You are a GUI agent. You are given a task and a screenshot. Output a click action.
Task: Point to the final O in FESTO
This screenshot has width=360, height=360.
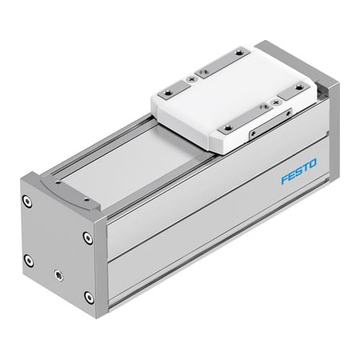(x=312, y=164)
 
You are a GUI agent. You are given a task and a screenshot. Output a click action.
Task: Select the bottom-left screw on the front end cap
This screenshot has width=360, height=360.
(x=29, y=260)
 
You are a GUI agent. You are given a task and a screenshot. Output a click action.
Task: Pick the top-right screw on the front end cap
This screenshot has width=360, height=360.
(x=87, y=238)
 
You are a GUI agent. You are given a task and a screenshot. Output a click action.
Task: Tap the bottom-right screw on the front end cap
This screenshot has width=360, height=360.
(x=88, y=297)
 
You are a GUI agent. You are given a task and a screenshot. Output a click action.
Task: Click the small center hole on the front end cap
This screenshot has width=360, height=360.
(x=58, y=274)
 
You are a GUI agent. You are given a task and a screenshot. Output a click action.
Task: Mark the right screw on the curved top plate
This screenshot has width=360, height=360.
(x=83, y=196)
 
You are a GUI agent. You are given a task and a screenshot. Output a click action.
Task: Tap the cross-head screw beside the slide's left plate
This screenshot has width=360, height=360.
(x=190, y=79)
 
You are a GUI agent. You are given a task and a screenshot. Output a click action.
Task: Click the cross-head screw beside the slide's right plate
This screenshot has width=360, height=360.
(x=277, y=102)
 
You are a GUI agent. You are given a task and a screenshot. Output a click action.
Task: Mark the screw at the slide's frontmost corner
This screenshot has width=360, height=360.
(x=228, y=127)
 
